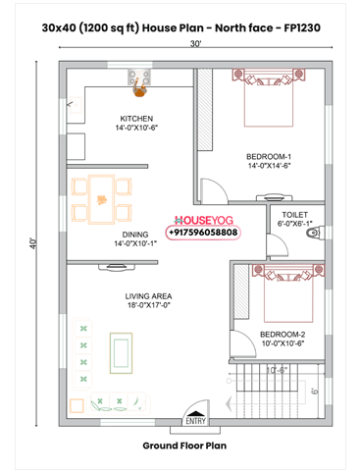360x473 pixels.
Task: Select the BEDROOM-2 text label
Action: pos(283,336)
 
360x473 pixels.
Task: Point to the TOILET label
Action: pos(294,213)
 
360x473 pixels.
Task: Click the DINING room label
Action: pos(135,235)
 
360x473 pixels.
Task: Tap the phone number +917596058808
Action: pos(203,235)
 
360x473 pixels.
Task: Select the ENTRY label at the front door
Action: pos(192,423)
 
